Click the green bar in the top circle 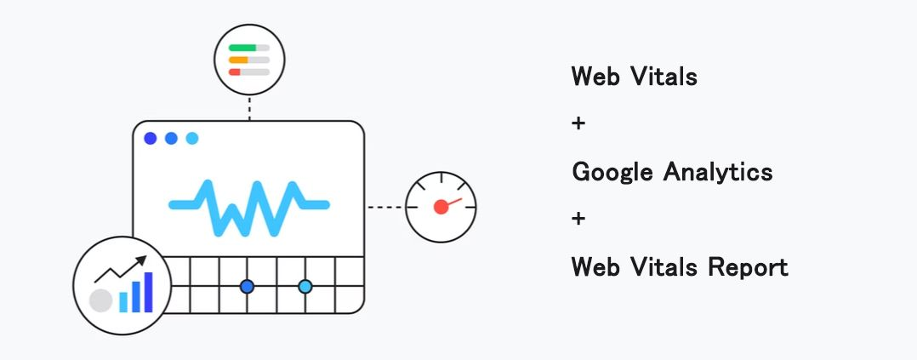tap(242, 48)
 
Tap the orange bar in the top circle tap(238, 60)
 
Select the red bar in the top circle tap(235, 72)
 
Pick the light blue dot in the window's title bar tap(191, 138)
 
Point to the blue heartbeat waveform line tap(248, 206)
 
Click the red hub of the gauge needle tap(441, 207)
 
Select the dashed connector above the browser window tap(249, 107)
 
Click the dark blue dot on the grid tap(247, 287)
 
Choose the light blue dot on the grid tap(305, 287)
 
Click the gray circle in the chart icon tap(101, 300)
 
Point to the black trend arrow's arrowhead tap(141, 260)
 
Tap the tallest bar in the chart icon tap(148, 292)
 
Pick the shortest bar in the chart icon tap(123, 301)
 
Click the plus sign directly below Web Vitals tap(578, 124)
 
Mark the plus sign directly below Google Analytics tap(578, 220)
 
